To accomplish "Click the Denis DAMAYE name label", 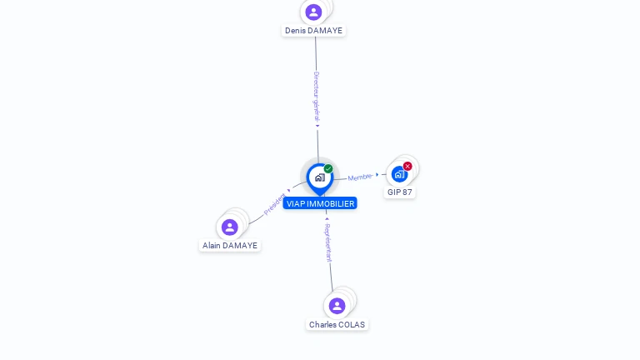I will (x=313, y=31).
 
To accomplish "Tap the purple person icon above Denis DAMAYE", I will (x=313, y=12).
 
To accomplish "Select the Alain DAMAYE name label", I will (x=230, y=246).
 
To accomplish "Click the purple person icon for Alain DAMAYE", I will (x=230, y=227).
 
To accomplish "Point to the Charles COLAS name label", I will (x=337, y=325).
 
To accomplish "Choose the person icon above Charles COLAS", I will (x=337, y=306).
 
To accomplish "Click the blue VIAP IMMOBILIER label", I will (x=320, y=203).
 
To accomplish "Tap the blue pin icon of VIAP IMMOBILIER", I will (x=319, y=177).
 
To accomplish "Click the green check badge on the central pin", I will (x=328, y=169).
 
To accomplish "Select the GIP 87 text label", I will (x=400, y=192).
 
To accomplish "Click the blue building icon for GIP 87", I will (x=399, y=174).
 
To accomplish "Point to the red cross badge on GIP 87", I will (x=407, y=166).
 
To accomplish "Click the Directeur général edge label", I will (x=316, y=97).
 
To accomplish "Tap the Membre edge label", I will (x=360, y=177).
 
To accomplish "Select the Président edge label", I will (x=274, y=205).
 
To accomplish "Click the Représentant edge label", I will (x=328, y=242).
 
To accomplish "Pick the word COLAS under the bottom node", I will (x=351, y=325).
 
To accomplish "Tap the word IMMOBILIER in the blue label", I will (x=331, y=203).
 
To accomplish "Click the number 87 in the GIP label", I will (x=407, y=192).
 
